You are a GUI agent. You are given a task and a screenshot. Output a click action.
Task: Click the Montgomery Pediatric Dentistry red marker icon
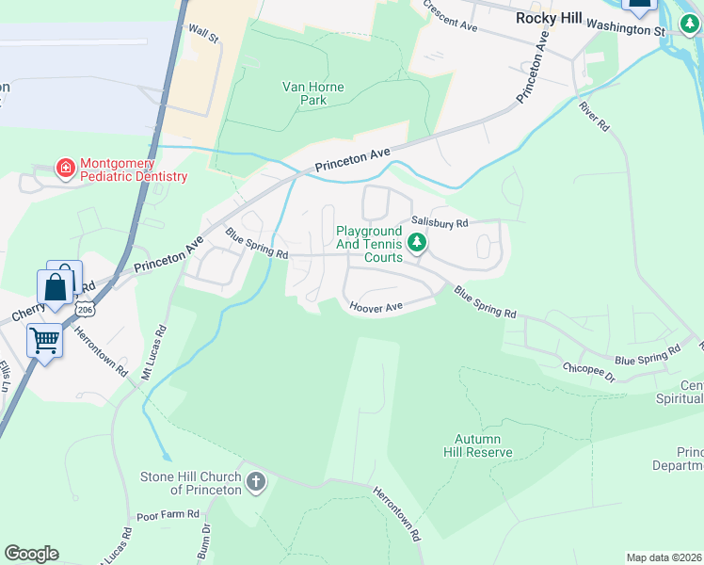[65, 169]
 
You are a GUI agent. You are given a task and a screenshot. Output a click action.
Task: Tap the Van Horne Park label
[312, 93]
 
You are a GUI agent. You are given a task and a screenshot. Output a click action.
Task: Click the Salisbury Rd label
[439, 224]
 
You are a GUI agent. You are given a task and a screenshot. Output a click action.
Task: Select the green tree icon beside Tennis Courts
[416, 244]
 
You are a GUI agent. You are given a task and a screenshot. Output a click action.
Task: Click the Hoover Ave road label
[376, 307]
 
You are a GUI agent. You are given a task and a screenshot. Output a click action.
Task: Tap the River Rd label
[594, 117]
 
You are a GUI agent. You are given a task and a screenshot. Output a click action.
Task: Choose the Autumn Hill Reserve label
[484, 445]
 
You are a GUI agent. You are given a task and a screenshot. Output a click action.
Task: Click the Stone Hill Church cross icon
[255, 483]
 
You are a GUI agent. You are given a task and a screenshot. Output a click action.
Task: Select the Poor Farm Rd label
[168, 515]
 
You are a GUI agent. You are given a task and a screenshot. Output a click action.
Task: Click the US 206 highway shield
[85, 308]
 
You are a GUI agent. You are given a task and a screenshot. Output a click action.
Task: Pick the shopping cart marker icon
[44, 340]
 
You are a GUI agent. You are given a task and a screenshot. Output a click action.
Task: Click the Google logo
[31, 554]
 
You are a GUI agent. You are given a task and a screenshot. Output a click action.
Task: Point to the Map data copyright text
[664, 557]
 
